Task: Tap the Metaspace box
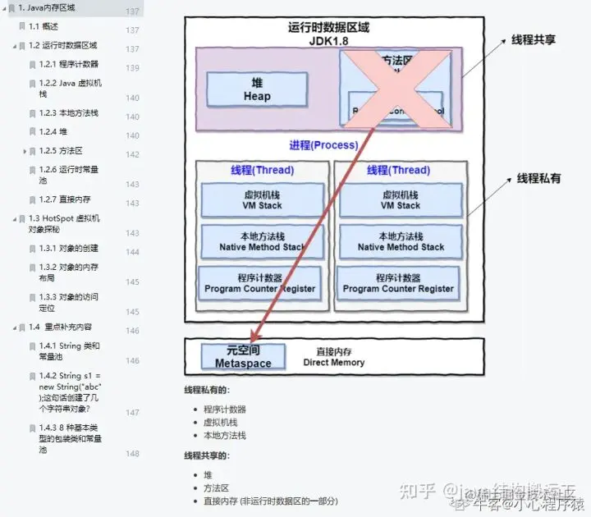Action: coord(243,356)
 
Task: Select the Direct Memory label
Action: coord(333,356)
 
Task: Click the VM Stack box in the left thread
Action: coord(263,200)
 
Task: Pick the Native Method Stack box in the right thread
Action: coord(401,241)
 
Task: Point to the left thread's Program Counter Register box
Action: coord(260,283)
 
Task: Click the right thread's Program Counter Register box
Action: coord(398,283)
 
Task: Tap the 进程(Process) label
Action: coord(323,145)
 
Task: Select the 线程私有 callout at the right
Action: coord(538,178)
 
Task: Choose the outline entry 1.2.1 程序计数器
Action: coord(69,64)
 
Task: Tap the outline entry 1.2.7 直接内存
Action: coord(65,199)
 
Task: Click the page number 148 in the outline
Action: coord(132,453)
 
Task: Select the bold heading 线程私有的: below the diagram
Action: coord(207,391)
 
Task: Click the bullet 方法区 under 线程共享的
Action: coord(216,487)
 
